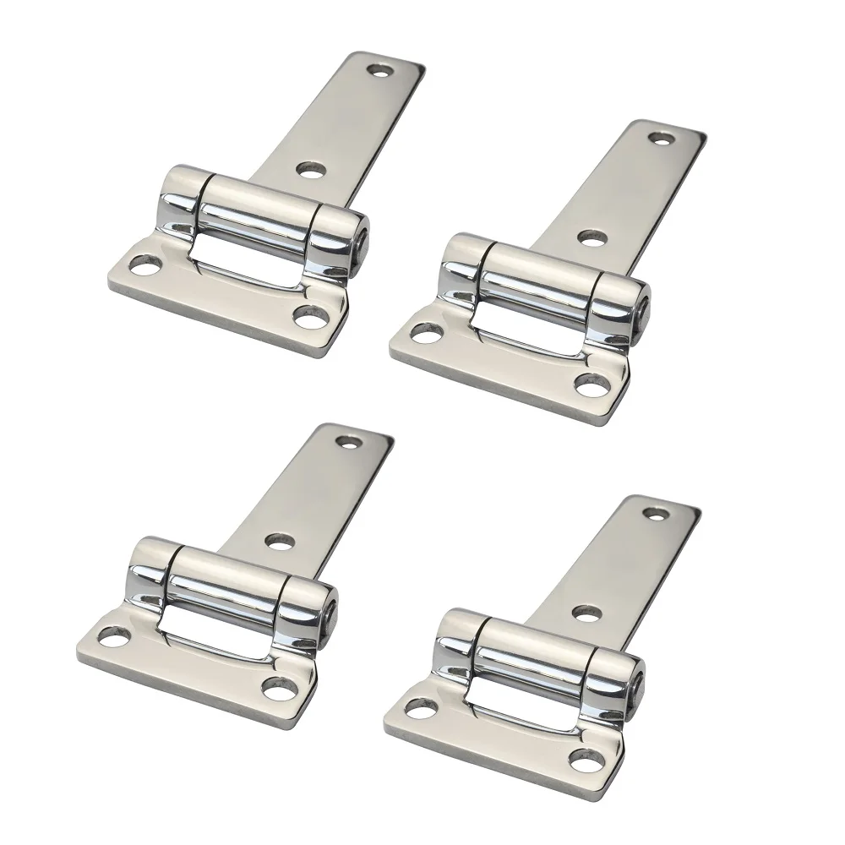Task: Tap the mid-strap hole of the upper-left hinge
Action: point(312,169)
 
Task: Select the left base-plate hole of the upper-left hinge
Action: point(148,270)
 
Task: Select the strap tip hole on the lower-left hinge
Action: point(348,441)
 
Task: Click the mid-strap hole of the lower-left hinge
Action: point(280,541)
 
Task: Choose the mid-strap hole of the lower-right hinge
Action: point(587,612)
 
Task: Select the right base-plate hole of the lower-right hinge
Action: point(585,757)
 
